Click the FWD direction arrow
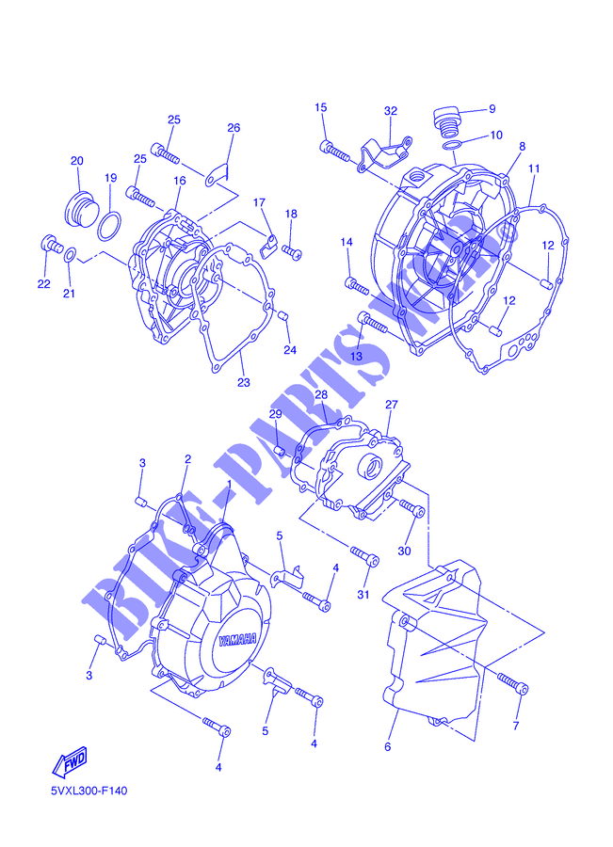(69, 761)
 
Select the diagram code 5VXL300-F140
(89, 791)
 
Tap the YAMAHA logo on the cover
(237, 640)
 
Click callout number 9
(492, 109)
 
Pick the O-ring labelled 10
(452, 145)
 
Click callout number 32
(390, 111)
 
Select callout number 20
(77, 160)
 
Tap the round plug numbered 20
(81, 209)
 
